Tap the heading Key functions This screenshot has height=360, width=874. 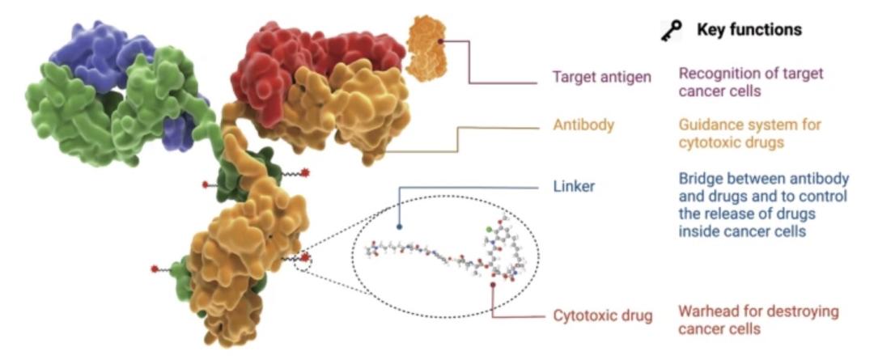click(x=749, y=30)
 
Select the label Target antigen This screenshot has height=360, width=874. click(x=601, y=76)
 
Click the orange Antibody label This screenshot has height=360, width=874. click(x=583, y=125)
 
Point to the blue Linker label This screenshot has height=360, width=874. click(x=574, y=185)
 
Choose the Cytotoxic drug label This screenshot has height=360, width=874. click(x=603, y=316)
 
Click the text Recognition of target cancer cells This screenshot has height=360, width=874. click(x=750, y=82)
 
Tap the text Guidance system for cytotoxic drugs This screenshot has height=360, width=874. click(x=749, y=133)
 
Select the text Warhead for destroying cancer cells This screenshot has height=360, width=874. click(x=758, y=320)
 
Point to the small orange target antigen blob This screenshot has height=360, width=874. click(x=426, y=49)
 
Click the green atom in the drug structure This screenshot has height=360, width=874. click(x=489, y=229)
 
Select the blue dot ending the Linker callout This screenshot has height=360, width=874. click(x=400, y=227)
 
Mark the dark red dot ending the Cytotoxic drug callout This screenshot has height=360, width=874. click(x=493, y=286)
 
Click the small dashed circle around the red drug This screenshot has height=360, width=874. click(x=303, y=261)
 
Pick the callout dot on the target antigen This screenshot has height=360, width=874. click(x=439, y=40)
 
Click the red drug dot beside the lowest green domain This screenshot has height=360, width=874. click(x=155, y=269)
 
